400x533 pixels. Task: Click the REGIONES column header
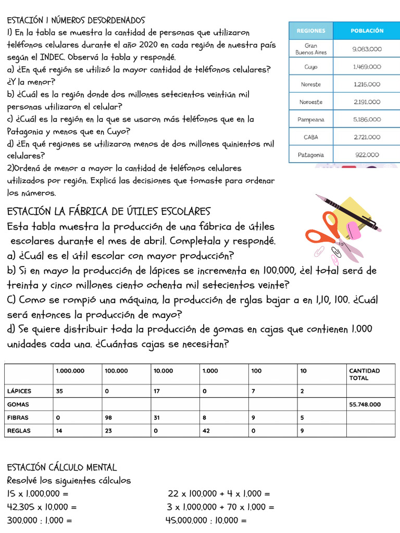coord(311,31)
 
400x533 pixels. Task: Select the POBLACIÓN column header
coord(367,31)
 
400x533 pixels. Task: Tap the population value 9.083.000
coord(367,49)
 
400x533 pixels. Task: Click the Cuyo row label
coord(311,67)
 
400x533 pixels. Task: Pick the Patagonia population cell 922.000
coord(367,155)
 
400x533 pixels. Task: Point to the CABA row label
coord(311,137)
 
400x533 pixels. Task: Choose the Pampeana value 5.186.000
coord(367,119)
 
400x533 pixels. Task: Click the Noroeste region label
coord(311,102)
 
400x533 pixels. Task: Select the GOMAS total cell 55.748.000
coord(365,404)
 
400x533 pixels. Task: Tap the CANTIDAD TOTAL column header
coord(365,374)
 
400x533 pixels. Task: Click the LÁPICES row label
coord(19,390)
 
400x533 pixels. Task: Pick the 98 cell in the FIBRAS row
coord(108,417)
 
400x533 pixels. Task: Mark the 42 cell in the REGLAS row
coord(207,431)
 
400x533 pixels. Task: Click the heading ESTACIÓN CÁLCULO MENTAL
coord(62,467)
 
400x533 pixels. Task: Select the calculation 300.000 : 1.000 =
coord(40,520)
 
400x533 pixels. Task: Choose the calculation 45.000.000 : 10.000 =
coord(206,520)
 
